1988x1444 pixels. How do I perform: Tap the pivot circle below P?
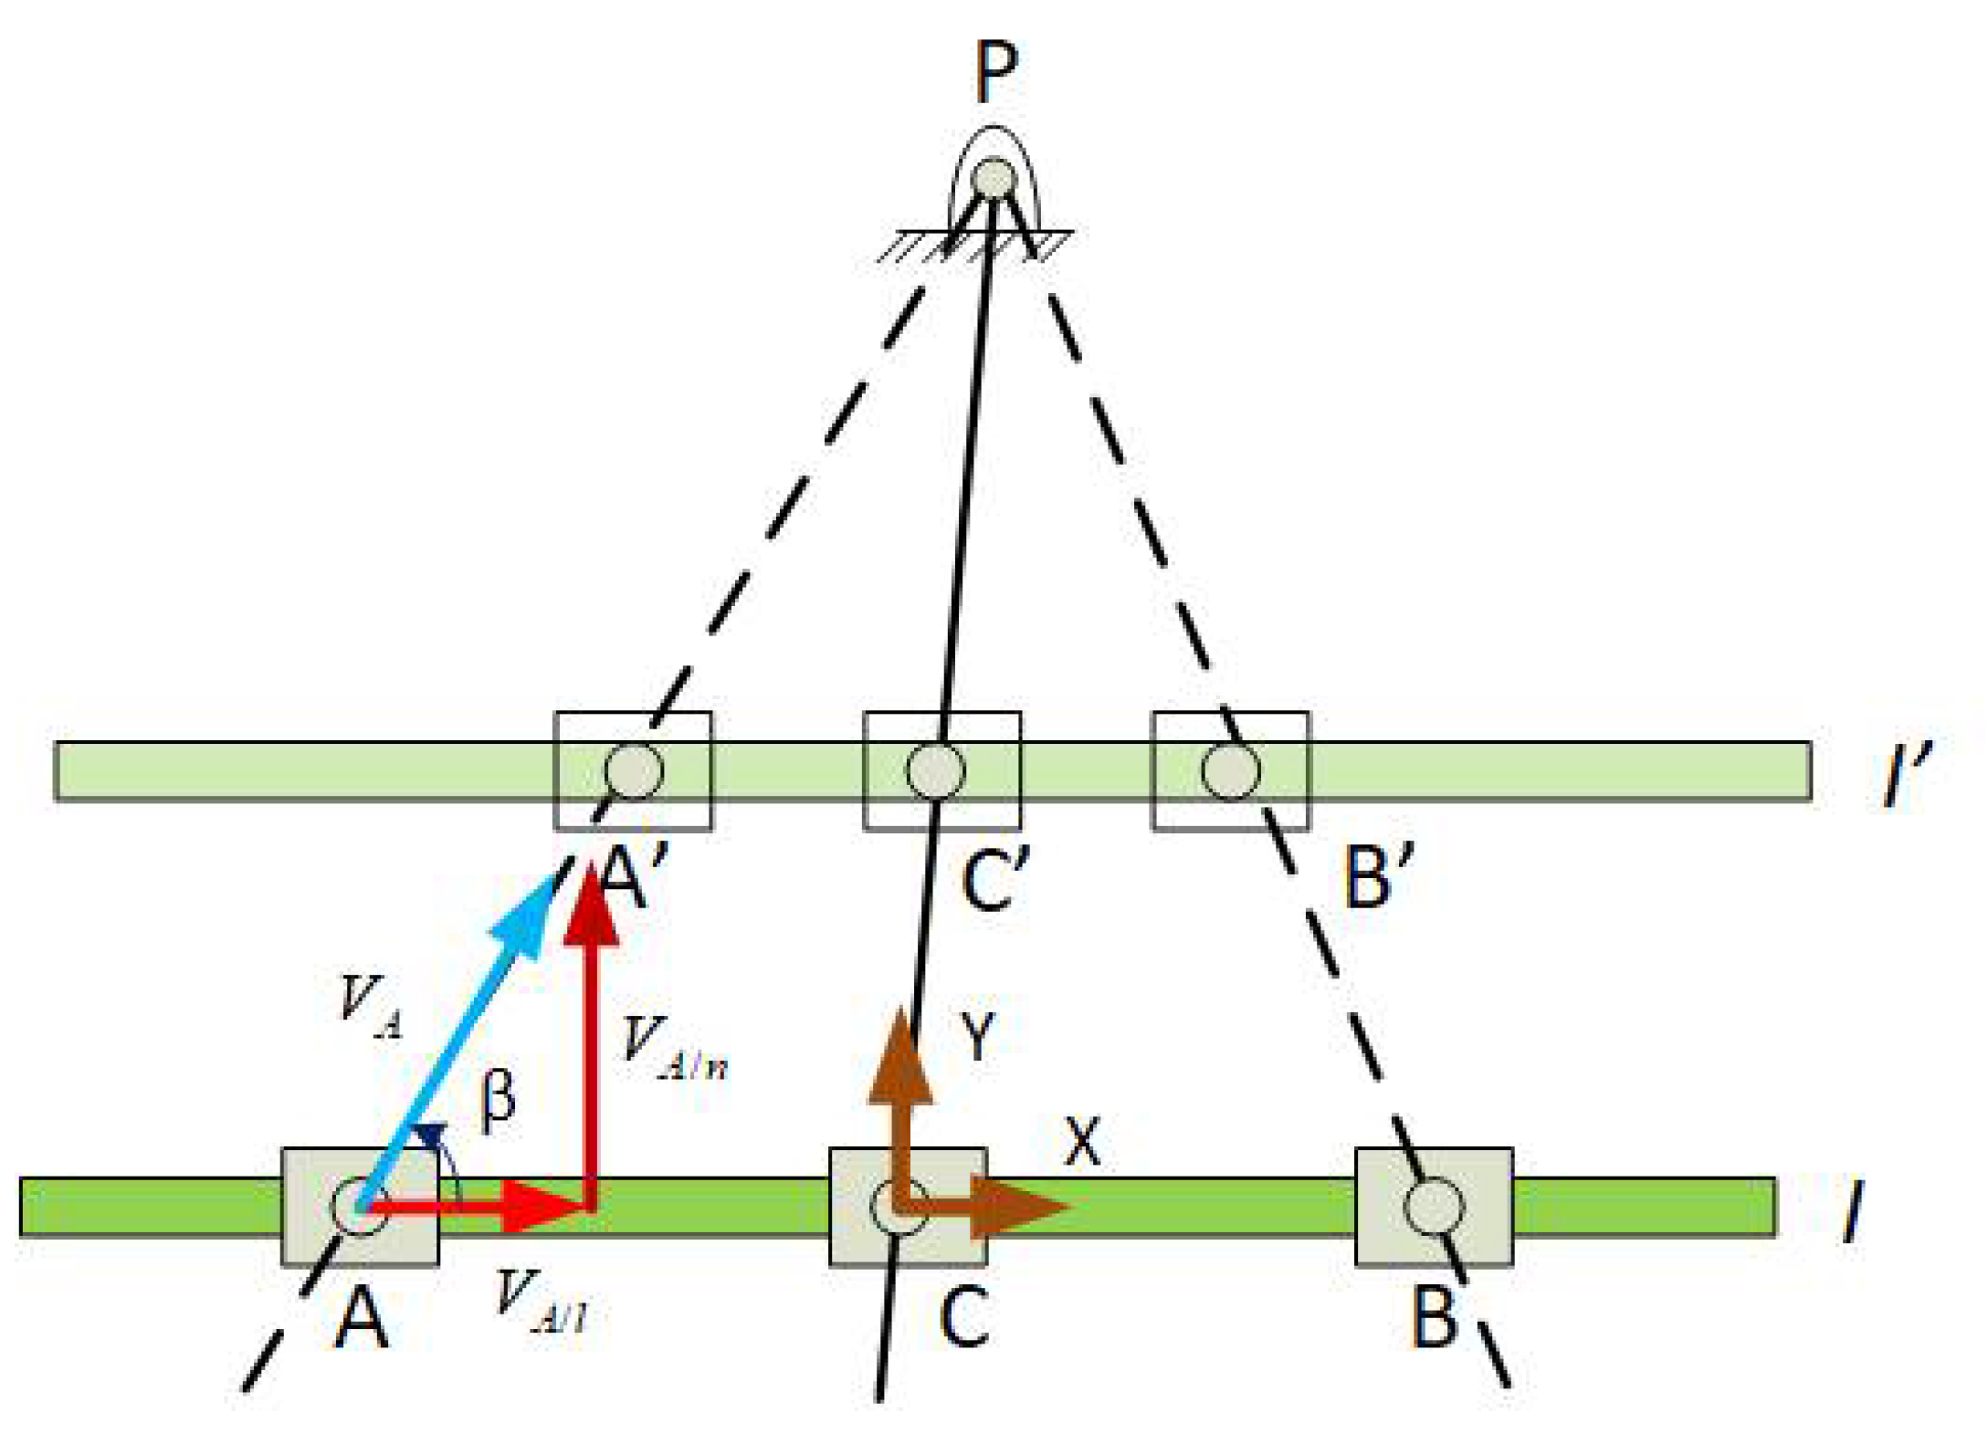[994, 178]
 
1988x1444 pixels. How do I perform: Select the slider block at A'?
[633, 770]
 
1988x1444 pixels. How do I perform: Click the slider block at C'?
[941, 770]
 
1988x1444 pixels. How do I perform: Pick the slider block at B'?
[1230, 770]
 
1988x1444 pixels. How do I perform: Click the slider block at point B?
[1433, 1206]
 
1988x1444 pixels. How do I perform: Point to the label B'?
[1379, 876]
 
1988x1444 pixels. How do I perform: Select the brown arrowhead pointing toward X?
[1018, 1207]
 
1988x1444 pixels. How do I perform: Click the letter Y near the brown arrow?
[978, 1036]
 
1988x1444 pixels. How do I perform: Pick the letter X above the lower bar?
[1083, 1141]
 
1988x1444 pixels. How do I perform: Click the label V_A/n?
[673, 1049]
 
